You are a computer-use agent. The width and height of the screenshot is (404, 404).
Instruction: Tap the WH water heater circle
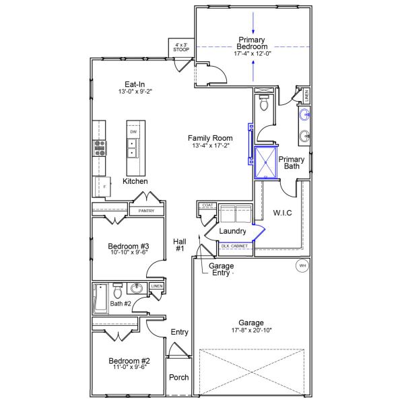tap(302, 266)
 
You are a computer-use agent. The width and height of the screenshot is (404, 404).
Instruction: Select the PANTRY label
tap(146, 211)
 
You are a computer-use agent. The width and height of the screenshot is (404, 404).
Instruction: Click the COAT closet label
tap(207, 205)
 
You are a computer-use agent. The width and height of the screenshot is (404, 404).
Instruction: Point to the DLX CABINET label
tap(234, 246)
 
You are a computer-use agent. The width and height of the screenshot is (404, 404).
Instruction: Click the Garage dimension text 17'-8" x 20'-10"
tap(250, 331)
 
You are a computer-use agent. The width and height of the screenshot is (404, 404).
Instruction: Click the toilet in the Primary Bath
tap(263, 104)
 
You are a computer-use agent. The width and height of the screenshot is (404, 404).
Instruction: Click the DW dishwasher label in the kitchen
tap(133, 132)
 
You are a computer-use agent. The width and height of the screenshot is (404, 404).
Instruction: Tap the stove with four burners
tap(100, 147)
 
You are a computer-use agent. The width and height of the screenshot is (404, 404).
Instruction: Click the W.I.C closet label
tap(282, 213)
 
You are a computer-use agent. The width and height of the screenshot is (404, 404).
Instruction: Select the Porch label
tap(178, 378)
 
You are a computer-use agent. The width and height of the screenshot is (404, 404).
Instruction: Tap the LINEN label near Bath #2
tap(157, 287)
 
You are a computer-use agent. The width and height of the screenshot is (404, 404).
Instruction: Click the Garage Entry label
tap(221, 270)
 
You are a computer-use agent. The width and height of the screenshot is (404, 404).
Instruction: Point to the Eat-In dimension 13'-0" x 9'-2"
tap(132, 92)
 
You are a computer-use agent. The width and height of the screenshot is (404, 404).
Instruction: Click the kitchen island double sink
tap(132, 147)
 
